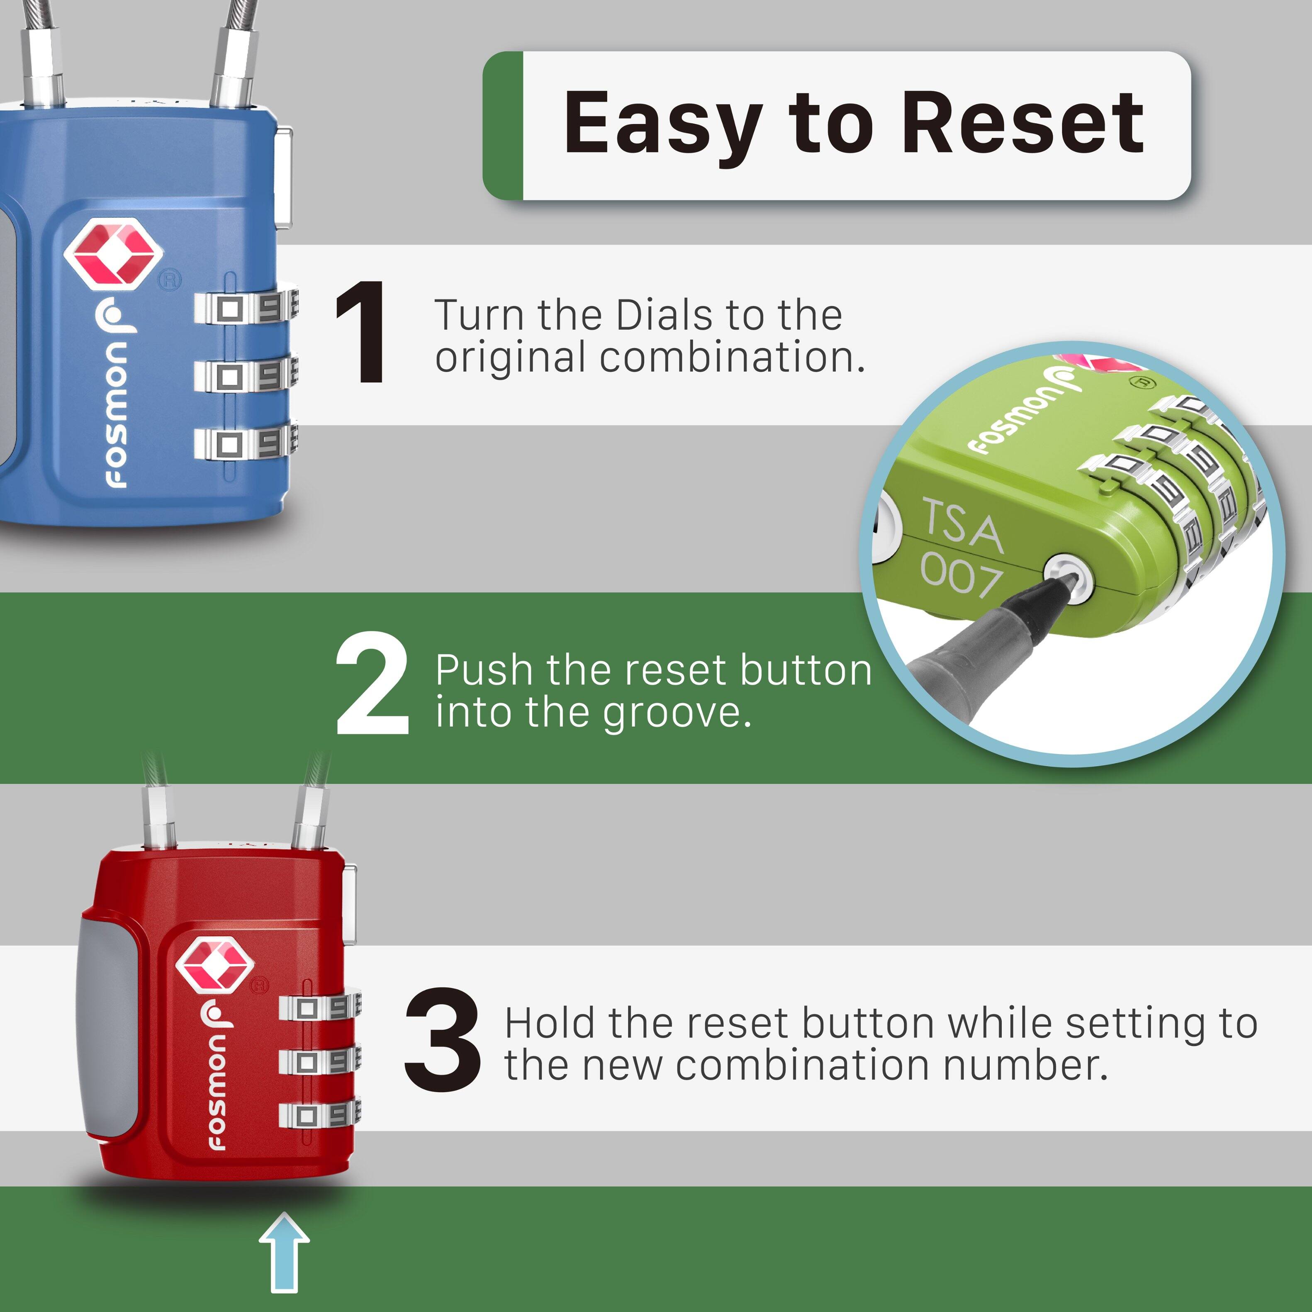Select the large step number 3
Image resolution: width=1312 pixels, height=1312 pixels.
point(442,1039)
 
